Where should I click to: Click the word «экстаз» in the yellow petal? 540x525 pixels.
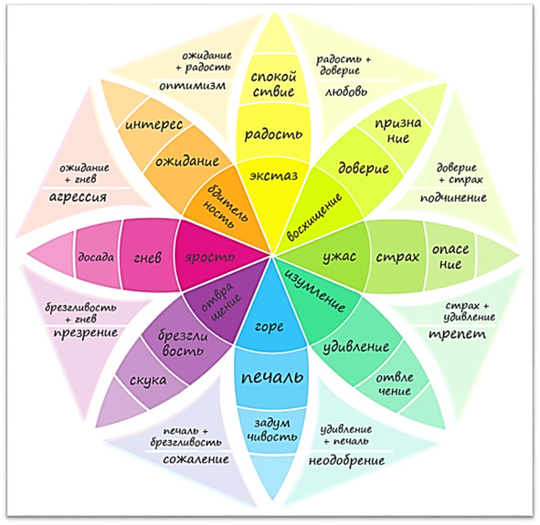coord(273,176)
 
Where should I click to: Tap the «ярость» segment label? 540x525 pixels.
coord(210,257)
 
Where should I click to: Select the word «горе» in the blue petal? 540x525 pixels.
coord(270,327)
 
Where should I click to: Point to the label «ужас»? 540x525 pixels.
coord(339,257)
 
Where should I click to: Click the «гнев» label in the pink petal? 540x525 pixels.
coord(147,257)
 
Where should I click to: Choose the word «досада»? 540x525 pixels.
coord(96,257)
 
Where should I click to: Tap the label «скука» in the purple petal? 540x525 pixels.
coord(148,381)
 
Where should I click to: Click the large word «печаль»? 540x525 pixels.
coord(272,377)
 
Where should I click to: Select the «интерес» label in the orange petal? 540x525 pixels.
coord(154,124)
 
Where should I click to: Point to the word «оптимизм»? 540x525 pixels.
coord(193,86)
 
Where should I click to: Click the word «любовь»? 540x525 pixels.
coord(345,91)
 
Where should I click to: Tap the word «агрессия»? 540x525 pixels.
coord(79,197)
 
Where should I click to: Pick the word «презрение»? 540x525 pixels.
coord(86,333)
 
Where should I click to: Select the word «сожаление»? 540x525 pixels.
coord(196,459)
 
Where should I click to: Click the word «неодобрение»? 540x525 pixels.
coord(347,461)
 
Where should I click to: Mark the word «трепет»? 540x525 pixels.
coord(457,334)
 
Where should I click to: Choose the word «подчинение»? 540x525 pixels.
coord(453,198)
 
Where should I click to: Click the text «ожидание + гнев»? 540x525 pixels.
coord(85,173)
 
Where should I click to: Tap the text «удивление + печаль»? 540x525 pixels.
coord(345,435)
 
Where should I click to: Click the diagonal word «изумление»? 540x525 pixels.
coord(314,289)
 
